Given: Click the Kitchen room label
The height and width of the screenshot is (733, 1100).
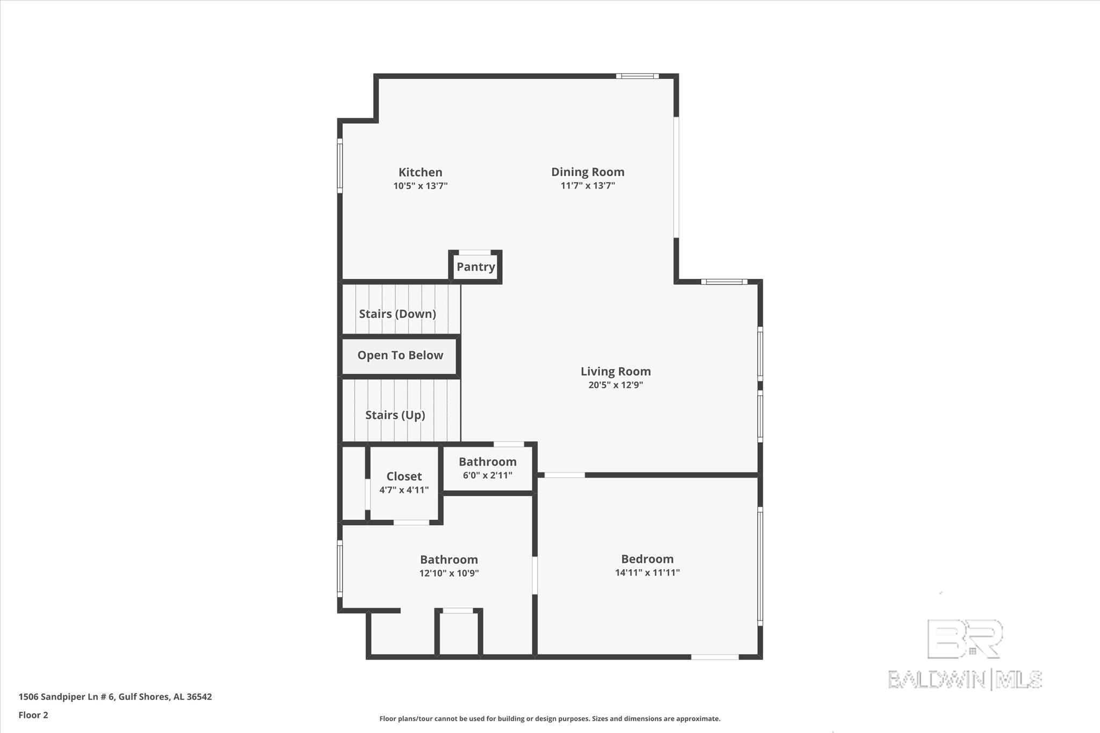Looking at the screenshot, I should pyautogui.click(x=420, y=172).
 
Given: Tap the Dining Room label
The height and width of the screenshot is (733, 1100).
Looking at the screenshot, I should pyautogui.click(x=588, y=172).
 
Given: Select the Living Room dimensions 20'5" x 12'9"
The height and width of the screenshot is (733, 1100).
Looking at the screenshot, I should pyautogui.click(x=616, y=385).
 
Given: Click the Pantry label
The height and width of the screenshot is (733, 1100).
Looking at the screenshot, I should pyautogui.click(x=475, y=267).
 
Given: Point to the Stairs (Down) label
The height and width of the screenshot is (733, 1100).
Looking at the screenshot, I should pyautogui.click(x=397, y=314).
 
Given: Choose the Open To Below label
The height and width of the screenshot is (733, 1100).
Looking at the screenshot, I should pyautogui.click(x=400, y=355).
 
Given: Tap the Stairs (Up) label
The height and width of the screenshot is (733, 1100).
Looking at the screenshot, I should pyautogui.click(x=395, y=415).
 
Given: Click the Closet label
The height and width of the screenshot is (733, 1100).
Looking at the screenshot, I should pyautogui.click(x=404, y=476).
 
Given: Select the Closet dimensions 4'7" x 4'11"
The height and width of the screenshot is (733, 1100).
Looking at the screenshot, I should pyautogui.click(x=404, y=490).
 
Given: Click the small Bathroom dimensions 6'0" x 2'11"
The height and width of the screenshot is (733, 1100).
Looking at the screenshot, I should pyautogui.click(x=487, y=475).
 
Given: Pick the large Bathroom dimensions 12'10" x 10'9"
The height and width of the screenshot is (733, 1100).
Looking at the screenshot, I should pyautogui.click(x=449, y=573).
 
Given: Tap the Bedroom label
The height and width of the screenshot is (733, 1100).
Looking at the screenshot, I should pyautogui.click(x=647, y=559).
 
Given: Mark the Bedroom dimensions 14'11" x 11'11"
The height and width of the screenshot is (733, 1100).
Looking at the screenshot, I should pyautogui.click(x=647, y=572).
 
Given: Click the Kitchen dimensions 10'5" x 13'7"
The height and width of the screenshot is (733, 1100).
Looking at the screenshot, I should pyautogui.click(x=420, y=186).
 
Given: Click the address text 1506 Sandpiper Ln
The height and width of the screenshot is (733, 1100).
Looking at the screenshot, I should pyautogui.click(x=115, y=697).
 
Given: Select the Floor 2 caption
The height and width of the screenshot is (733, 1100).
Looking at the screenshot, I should pyautogui.click(x=33, y=715).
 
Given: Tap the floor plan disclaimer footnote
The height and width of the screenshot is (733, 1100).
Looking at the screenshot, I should pyautogui.click(x=549, y=719).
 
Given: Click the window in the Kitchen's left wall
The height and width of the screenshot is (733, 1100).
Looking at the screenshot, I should pyautogui.click(x=340, y=166).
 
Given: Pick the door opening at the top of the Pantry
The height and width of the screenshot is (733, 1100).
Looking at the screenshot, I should pyautogui.click(x=475, y=252).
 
